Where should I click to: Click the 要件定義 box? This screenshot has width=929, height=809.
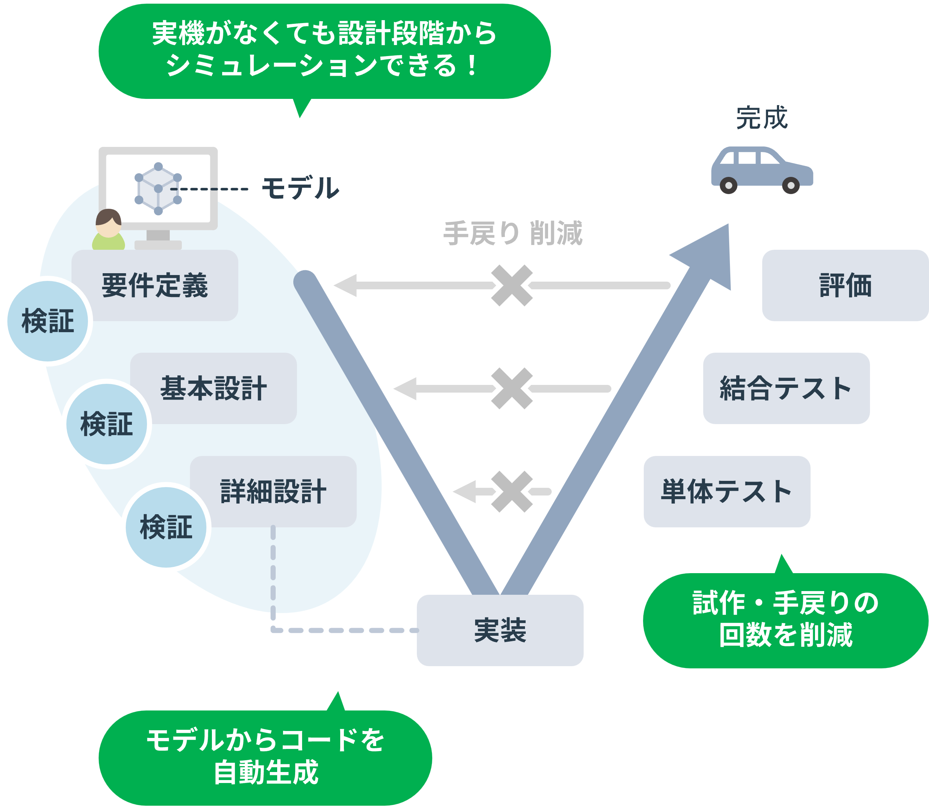click(155, 285)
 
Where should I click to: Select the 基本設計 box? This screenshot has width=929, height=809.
click(213, 388)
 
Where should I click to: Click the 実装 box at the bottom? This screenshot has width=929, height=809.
click(500, 630)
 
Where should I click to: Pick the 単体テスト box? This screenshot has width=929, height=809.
click(727, 491)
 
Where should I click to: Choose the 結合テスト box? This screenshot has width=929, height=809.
click(786, 388)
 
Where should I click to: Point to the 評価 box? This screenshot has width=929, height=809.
click(845, 285)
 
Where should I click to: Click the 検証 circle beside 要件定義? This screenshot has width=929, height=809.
click(48, 321)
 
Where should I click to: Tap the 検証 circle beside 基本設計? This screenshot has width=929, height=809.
click(107, 424)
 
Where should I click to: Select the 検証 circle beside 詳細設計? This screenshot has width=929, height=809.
click(166, 527)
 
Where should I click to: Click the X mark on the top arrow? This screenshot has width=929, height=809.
click(512, 285)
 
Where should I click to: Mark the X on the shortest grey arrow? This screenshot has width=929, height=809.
click(512, 491)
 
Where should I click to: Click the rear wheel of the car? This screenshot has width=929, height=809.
click(728, 185)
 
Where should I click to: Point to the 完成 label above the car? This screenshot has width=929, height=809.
click(762, 118)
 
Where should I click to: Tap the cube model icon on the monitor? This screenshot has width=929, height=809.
click(158, 189)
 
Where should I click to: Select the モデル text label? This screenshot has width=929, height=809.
click(301, 188)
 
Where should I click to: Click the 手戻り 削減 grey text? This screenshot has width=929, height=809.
click(513, 233)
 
